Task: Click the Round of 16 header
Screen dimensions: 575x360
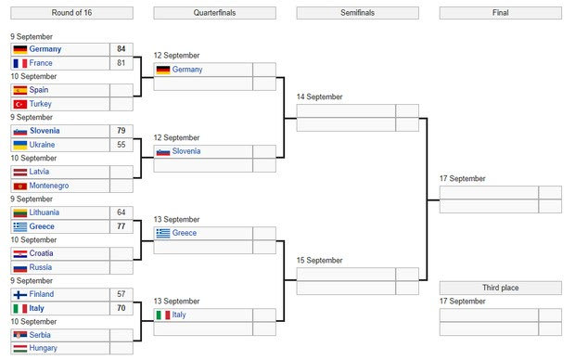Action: (71, 13)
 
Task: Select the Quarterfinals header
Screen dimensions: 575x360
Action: (214, 13)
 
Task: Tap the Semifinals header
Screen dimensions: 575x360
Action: (358, 13)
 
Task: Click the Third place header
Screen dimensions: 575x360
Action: (501, 288)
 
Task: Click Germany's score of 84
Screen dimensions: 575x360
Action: (121, 49)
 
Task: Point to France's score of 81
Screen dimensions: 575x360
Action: (121, 63)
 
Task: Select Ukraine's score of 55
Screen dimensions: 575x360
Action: (121, 145)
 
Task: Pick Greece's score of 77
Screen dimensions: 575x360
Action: (121, 226)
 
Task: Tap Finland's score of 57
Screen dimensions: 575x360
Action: (121, 294)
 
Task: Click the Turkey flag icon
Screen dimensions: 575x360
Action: (20, 104)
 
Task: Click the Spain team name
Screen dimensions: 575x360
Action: (39, 90)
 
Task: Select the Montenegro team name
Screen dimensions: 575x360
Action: (49, 186)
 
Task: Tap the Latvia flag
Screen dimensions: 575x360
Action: (20, 172)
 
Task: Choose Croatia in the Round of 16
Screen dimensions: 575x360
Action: (41, 253)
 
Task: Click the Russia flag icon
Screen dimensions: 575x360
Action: (20, 268)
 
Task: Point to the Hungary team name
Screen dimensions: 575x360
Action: (44, 348)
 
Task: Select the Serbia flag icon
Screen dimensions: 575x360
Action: (20, 335)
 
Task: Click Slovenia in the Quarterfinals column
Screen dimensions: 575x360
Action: (186, 151)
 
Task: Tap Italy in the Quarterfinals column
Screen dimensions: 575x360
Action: (179, 315)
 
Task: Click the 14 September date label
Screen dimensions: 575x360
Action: (319, 96)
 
